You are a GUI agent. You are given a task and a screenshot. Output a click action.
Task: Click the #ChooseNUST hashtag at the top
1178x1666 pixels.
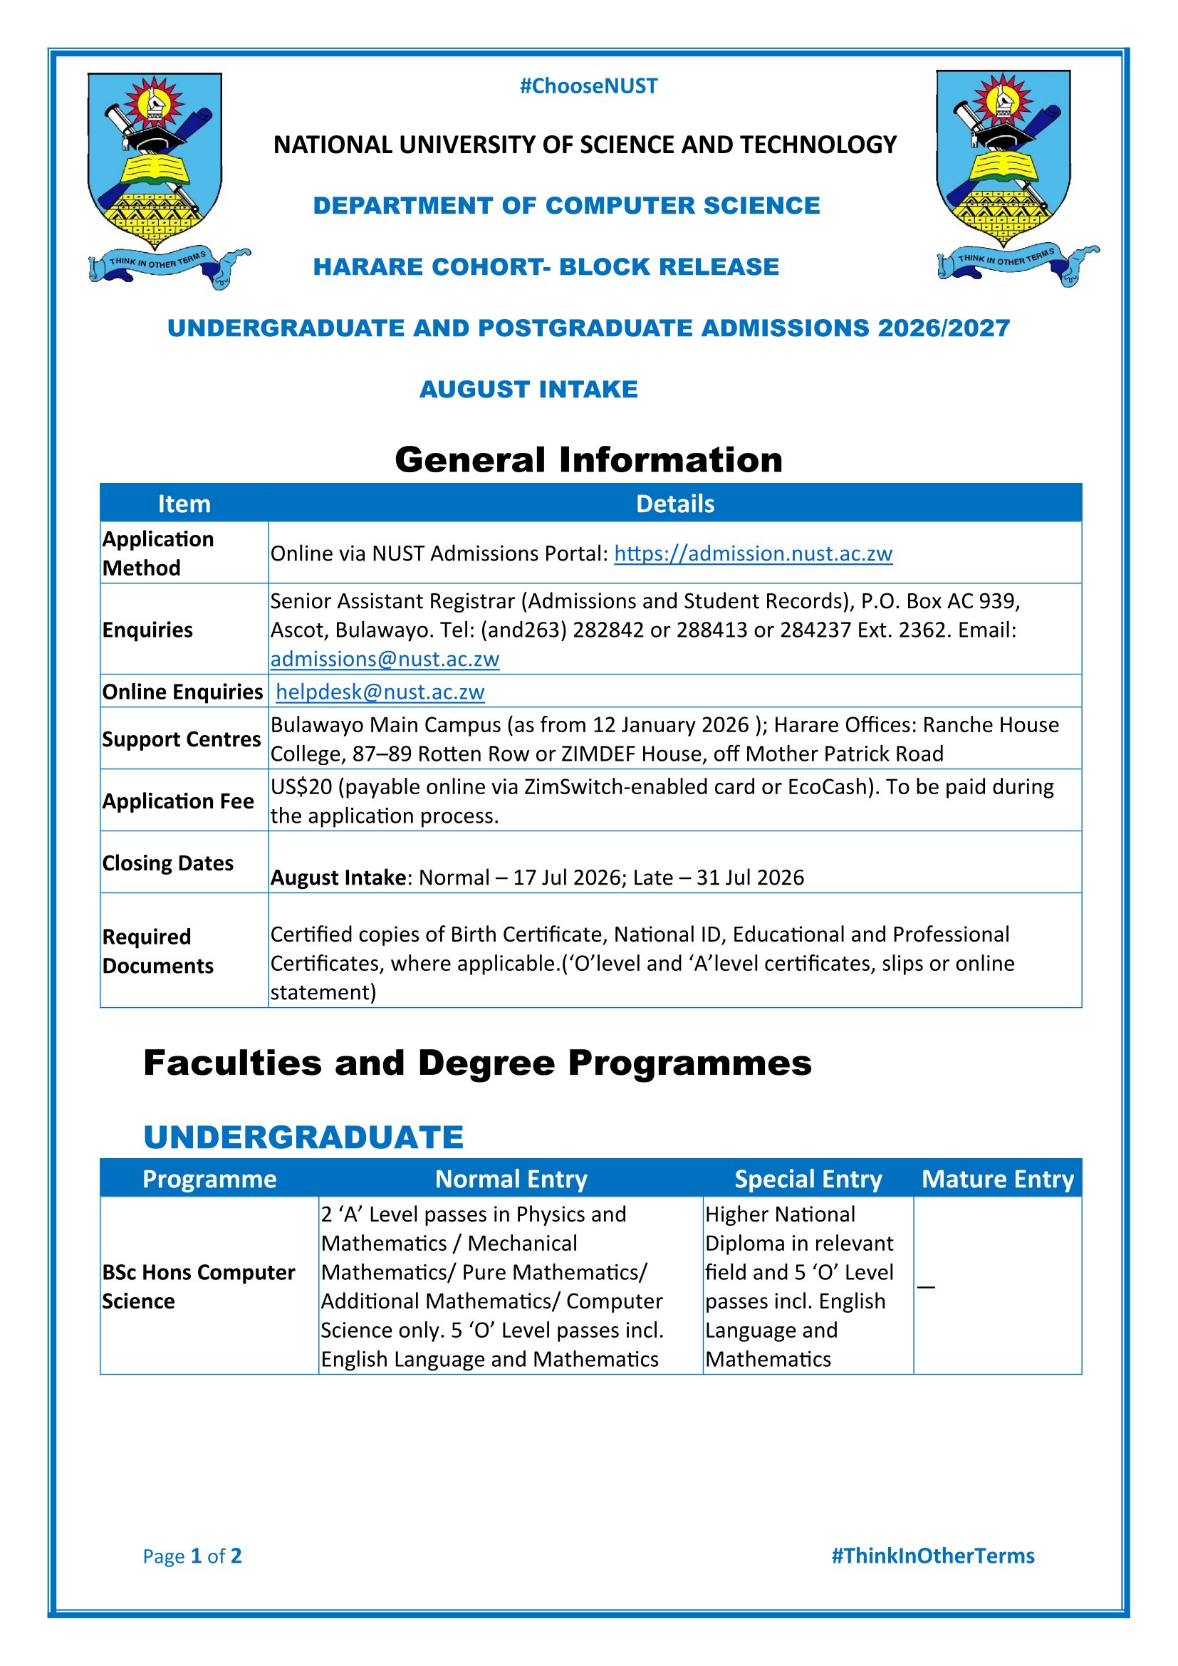pos(588,86)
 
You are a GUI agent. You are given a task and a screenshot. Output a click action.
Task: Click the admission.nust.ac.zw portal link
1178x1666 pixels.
pos(753,553)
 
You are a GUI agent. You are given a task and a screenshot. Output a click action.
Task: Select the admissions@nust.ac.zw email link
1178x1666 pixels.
pos(385,659)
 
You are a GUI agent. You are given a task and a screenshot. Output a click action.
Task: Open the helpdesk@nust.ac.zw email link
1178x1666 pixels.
pos(380,692)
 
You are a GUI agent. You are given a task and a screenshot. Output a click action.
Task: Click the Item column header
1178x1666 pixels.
pos(184,504)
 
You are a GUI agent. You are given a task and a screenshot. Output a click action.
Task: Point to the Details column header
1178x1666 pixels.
pos(674,504)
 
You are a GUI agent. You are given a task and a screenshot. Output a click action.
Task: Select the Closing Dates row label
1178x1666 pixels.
pos(167,863)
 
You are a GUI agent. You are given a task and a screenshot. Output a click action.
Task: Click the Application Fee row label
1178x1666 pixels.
pos(178,801)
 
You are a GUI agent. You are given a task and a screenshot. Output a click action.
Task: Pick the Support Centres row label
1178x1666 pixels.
pos(181,739)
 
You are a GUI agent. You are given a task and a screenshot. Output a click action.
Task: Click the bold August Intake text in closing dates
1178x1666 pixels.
pos(338,878)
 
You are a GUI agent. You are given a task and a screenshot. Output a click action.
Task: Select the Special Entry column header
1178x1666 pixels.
pos(808,1179)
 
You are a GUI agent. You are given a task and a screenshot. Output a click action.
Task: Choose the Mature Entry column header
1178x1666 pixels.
pos(997,1179)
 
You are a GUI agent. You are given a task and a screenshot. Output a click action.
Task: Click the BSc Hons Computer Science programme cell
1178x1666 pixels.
pos(198,1286)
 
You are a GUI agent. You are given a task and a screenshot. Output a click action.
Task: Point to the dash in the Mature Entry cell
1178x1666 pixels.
pos(926,1286)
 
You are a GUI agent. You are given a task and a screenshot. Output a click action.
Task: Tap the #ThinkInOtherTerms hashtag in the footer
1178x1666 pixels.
pos(932,1556)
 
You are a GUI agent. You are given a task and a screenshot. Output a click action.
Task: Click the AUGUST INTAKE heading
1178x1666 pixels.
pos(528,390)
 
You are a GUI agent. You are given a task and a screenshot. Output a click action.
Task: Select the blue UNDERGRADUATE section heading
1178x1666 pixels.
pos(303,1137)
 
